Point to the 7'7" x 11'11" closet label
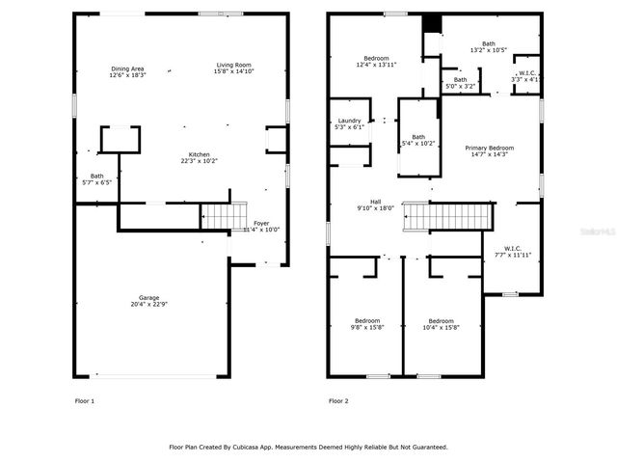(x=513, y=253)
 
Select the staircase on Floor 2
(x=446, y=216)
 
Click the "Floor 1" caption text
(x=85, y=400)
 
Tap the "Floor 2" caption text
(x=338, y=400)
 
